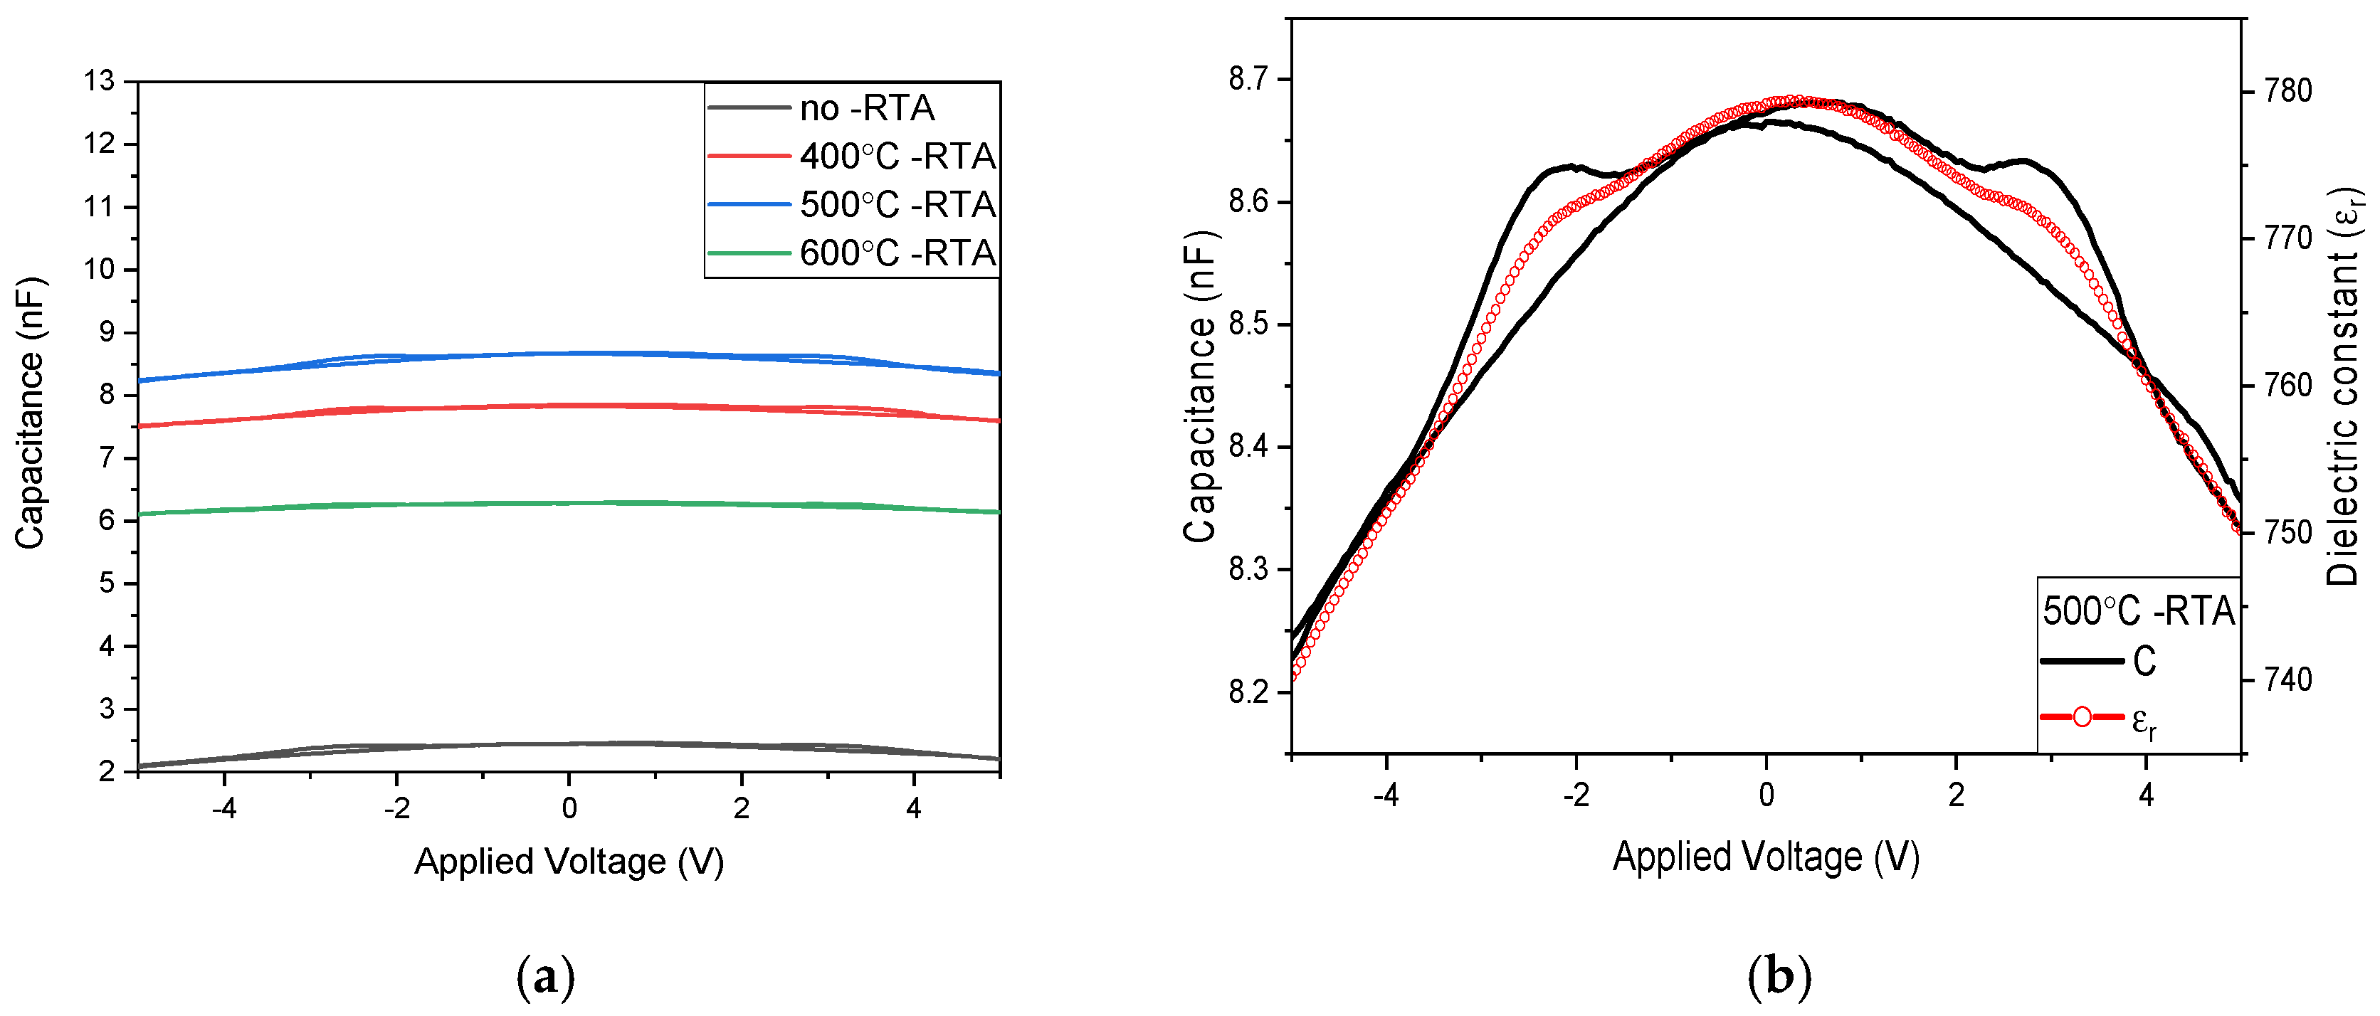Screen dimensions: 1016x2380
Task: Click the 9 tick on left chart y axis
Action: [x=107, y=332]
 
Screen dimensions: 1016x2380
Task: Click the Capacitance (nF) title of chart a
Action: [x=30, y=413]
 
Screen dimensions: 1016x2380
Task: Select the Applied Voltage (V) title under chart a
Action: [x=568, y=861]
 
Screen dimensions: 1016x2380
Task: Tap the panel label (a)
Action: [x=545, y=976]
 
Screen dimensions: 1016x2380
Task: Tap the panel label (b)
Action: [x=1779, y=976]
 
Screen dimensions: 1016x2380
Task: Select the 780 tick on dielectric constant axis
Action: [x=2287, y=90]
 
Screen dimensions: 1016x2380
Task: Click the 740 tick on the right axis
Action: [x=2287, y=679]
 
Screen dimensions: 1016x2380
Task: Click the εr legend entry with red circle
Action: [x=2097, y=718]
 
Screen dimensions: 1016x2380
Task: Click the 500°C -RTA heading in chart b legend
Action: [x=2138, y=611]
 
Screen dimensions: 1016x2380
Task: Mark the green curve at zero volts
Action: [x=569, y=502]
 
